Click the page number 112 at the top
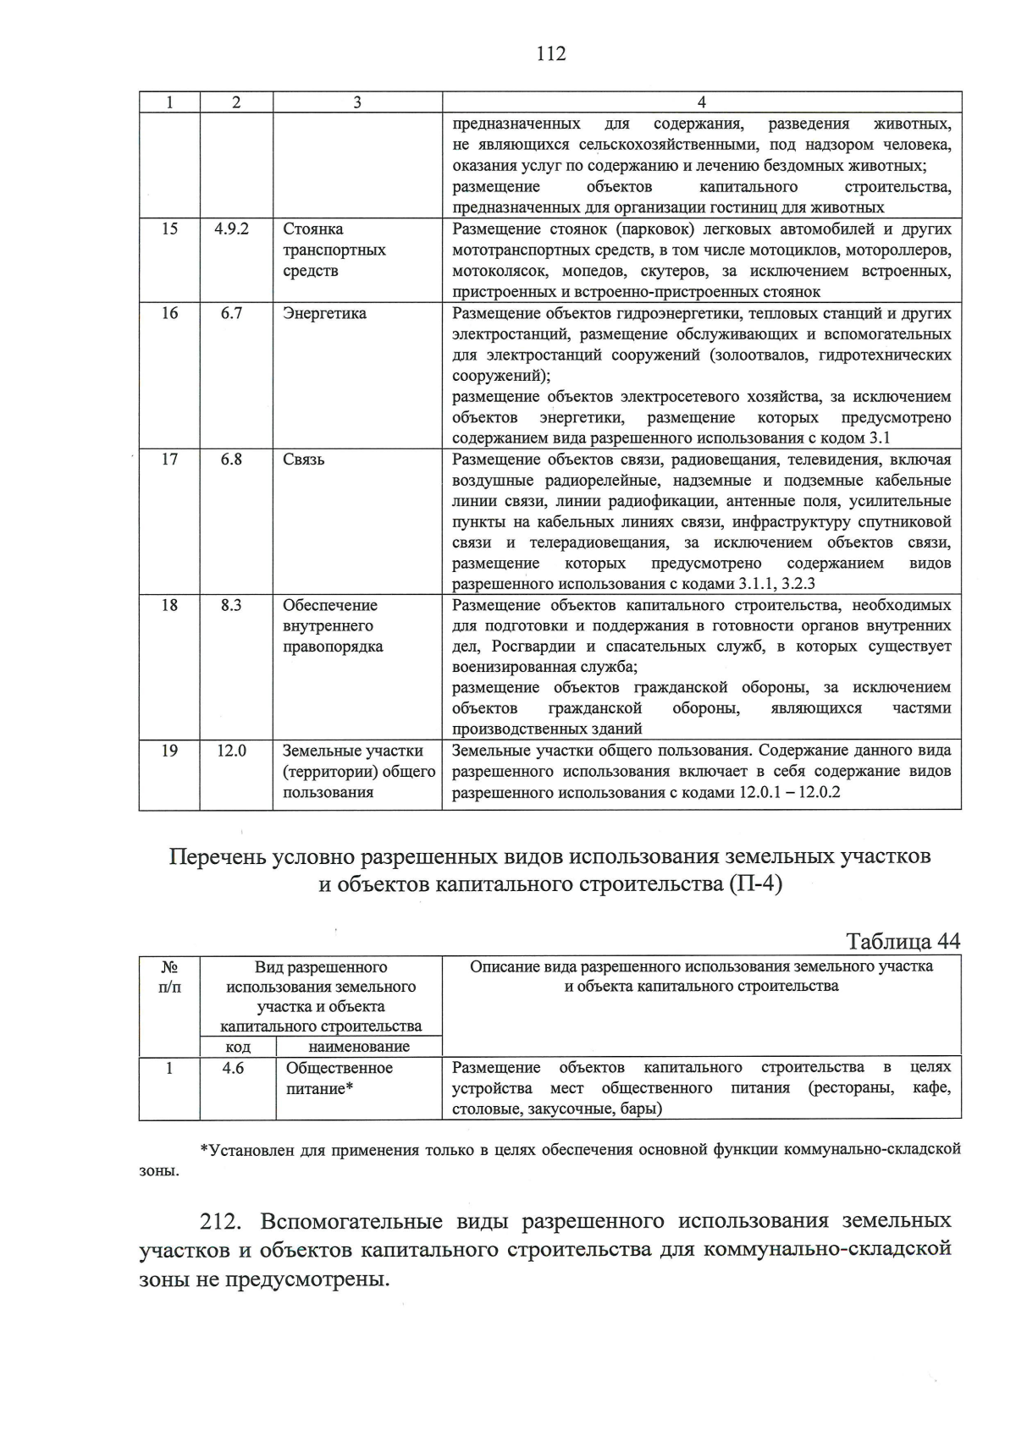click(x=550, y=54)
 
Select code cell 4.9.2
click(x=232, y=229)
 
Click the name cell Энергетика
click(x=324, y=314)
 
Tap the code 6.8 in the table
click(x=232, y=459)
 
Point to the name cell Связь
click(x=303, y=459)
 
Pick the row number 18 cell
click(x=169, y=605)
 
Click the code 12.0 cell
click(x=232, y=751)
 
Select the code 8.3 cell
click(x=232, y=605)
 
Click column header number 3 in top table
click(x=356, y=102)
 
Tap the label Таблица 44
click(x=903, y=942)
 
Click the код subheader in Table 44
click(x=237, y=1047)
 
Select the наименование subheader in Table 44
click(x=359, y=1047)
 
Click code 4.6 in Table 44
click(x=234, y=1068)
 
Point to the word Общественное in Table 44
click(x=340, y=1068)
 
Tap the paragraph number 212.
click(x=222, y=1222)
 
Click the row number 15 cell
click(x=169, y=229)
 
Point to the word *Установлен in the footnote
click(x=242, y=1150)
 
